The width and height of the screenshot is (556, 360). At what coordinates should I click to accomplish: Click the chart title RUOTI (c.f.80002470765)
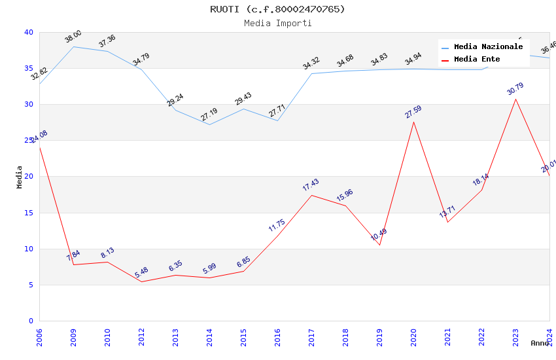click(x=277, y=9)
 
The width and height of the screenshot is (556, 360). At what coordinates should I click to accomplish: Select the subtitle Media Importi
click(x=277, y=23)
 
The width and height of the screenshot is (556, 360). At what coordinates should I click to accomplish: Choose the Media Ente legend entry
click(x=477, y=60)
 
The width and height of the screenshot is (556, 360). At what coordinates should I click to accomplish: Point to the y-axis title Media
click(x=20, y=177)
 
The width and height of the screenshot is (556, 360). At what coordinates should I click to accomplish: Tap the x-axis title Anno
click(x=540, y=343)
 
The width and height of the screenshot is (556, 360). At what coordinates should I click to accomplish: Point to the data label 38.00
click(x=73, y=37)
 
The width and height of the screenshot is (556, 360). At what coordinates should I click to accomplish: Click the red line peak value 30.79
click(x=515, y=89)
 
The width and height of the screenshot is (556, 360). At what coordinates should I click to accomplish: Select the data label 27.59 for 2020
click(x=413, y=112)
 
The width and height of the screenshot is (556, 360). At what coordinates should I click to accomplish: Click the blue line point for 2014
click(x=209, y=124)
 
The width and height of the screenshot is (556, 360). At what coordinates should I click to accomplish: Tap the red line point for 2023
click(x=515, y=99)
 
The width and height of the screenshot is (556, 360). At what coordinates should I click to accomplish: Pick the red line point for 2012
click(x=141, y=281)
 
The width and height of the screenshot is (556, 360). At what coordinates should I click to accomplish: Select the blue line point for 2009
click(x=73, y=46)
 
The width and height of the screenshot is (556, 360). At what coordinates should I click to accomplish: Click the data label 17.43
click(x=311, y=185)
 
